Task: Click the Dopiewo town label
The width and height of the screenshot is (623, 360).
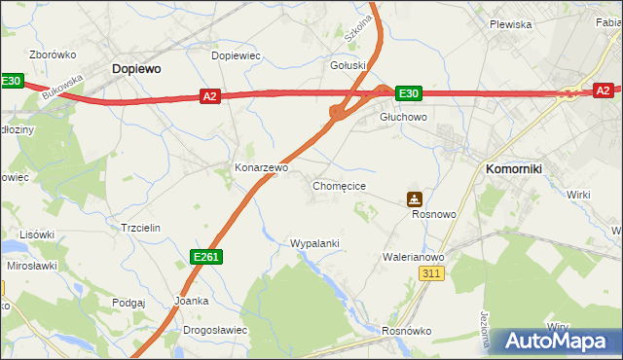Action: tap(136, 69)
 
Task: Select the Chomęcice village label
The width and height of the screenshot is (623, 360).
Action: tap(339, 185)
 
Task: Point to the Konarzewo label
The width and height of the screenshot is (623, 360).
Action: tap(262, 167)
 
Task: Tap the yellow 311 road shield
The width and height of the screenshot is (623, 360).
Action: tap(433, 274)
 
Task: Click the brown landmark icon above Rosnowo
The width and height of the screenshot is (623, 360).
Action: tap(415, 198)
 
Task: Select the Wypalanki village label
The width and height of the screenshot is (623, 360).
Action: tap(314, 242)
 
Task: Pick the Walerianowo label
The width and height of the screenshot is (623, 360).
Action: tap(413, 258)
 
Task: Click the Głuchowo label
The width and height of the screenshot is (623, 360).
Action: tap(403, 117)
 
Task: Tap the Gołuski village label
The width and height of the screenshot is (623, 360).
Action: tap(348, 65)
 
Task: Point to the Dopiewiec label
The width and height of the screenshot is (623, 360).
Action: tap(236, 55)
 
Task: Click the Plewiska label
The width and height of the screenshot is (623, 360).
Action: tap(510, 24)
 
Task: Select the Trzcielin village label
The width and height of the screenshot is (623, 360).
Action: tap(139, 227)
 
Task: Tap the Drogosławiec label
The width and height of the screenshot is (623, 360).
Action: tap(215, 330)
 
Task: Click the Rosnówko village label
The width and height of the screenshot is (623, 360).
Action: tap(407, 331)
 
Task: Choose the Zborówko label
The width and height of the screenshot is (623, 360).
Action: tap(52, 55)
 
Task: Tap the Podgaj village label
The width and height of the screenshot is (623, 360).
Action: tap(128, 303)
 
